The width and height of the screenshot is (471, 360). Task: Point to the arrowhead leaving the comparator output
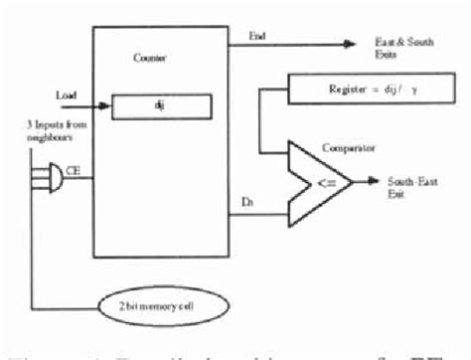[374, 182]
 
